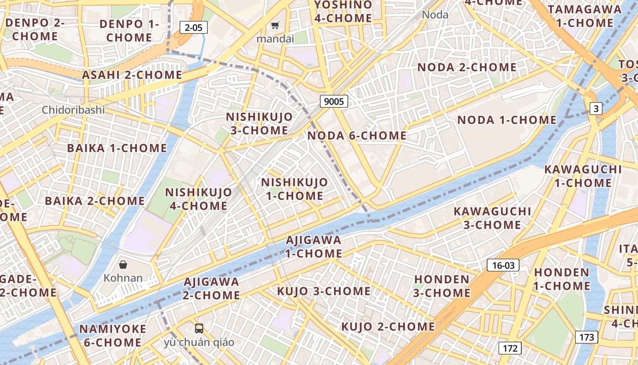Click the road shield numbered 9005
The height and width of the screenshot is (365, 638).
334,101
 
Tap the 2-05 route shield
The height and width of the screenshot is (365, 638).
193,27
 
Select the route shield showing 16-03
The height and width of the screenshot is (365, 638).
503,265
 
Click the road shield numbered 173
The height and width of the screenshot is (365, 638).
586,337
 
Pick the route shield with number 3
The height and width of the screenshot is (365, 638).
596,109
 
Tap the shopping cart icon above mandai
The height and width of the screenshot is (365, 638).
275,26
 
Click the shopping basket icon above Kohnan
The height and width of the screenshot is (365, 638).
123,265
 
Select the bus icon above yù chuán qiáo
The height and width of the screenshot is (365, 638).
199,328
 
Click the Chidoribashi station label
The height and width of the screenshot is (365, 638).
73,110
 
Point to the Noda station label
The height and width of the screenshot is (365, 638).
435,15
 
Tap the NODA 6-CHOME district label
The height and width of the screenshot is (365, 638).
357,136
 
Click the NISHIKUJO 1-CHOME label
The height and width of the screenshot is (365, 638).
294,189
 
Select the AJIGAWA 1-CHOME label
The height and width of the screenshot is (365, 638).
314,246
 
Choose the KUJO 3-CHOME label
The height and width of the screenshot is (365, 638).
324,291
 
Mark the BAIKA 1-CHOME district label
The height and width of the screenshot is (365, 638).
117,148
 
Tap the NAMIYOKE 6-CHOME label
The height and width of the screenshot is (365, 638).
113,335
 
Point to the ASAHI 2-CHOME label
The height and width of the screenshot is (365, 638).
132,75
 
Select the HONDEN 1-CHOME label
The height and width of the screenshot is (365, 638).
561,279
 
